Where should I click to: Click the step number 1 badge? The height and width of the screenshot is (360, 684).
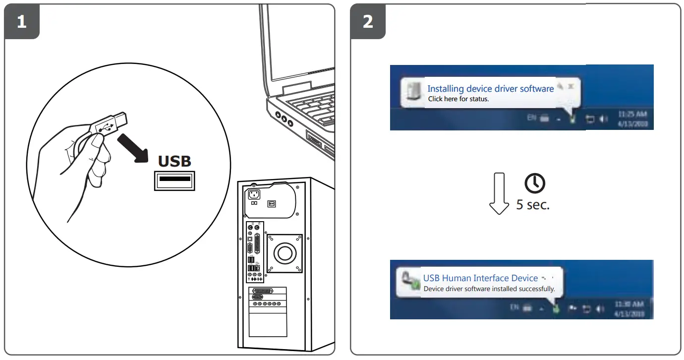coord(22,22)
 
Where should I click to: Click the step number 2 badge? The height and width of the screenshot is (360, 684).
coord(368,22)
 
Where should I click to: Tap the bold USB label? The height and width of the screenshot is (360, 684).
coord(174,161)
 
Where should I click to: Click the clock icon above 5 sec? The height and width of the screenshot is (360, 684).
coord(535,184)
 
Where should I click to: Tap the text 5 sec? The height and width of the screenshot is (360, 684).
coord(533,205)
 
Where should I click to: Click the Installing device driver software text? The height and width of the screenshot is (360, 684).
coord(490,89)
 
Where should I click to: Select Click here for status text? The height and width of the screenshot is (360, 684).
coord(458,99)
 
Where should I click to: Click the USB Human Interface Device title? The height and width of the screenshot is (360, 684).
coord(480,278)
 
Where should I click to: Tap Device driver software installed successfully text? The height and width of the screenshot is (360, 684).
coord(489,289)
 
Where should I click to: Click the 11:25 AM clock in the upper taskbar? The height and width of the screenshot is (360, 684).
coord(632,114)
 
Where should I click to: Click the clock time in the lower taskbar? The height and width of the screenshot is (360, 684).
coord(629,303)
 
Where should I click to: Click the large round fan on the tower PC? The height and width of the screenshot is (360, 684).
coord(285,253)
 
